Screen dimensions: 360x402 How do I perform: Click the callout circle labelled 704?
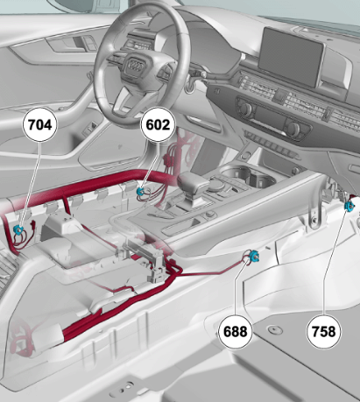click(x=40, y=125)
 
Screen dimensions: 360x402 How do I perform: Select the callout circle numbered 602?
click(x=158, y=125)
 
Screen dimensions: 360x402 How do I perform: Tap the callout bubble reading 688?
click(x=235, y=332)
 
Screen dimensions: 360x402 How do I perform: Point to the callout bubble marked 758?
click(x=323, y=332)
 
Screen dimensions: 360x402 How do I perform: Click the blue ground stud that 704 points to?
click(x=19, y=229)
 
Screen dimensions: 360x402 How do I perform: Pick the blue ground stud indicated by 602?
click(x=140, y=191)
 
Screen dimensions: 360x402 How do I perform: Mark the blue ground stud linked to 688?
click(x=253, y=257)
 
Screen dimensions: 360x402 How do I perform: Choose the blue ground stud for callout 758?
click(x=349, y=206)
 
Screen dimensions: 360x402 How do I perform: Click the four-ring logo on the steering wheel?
click(x=136, y=66)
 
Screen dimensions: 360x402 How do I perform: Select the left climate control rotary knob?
click(x=246, y=109)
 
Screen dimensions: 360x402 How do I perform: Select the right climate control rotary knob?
click(x=293, y=129)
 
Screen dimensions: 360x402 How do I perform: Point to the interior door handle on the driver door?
click(x=66, y=45)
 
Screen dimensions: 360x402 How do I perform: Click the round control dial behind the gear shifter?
click(x=216, y=184)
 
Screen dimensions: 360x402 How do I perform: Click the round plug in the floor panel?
click(x=275, y=330)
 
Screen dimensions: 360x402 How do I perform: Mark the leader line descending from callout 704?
click(x=31, y=184)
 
